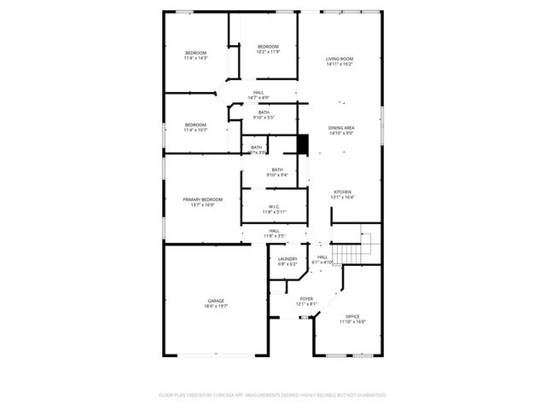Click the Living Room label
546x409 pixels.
[x=340, y=59]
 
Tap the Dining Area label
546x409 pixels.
[x=342, y=127]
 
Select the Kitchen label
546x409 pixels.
[x=342, y=192]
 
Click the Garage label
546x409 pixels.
[x=216, y=300]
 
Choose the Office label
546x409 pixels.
[x=352, y=316]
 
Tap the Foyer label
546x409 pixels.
[x=306, y=299]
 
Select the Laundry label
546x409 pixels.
[x=288, y=259]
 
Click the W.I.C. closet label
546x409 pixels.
[x=275, y=206]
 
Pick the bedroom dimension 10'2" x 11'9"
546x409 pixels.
[x=268, y=52]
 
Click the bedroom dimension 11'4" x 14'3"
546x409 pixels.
[x=196, y=58]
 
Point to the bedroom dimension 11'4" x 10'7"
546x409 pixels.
[x=196, y=130]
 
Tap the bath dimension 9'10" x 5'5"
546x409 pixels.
[x=264, y=118]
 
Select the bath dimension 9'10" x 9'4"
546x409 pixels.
[x=277, y=175]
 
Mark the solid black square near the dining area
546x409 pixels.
[x=301, y=144]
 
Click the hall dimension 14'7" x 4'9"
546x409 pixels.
[x=258, y=98]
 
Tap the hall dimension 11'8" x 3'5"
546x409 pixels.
[x=275, y=235]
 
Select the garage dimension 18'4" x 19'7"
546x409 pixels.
[x=216, y=305]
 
